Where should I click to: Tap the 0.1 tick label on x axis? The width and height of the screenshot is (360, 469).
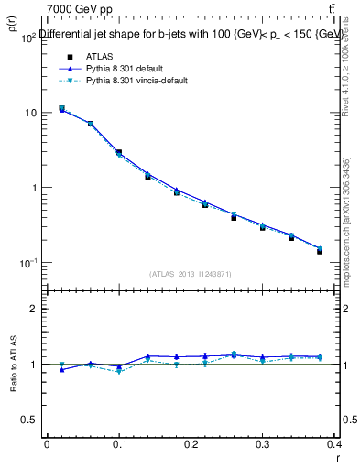coord(119,443)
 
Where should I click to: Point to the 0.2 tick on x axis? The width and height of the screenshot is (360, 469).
coord(191,443)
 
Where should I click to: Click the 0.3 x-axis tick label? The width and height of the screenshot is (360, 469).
coord(264,443)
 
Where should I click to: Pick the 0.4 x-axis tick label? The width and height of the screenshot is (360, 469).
coord(335,443)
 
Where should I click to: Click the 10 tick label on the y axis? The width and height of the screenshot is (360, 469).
coord(29,113)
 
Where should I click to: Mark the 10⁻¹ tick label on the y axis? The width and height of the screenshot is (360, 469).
coord(27,263)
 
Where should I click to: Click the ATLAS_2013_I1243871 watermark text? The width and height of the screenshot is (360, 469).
coord(191,274)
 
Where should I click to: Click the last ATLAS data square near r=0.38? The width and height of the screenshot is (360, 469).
coord(321,251)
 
